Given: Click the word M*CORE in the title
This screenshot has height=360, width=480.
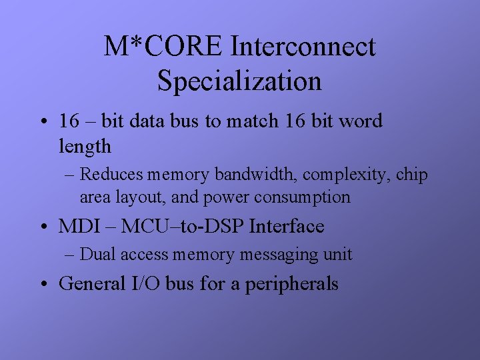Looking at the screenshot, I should click(x=163, y=47).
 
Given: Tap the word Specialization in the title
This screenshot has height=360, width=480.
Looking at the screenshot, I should click(x=239, y=81).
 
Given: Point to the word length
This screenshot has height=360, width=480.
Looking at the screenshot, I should click(x=85, y=145).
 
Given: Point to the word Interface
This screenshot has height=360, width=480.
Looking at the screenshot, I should click(x=286, y=227).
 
